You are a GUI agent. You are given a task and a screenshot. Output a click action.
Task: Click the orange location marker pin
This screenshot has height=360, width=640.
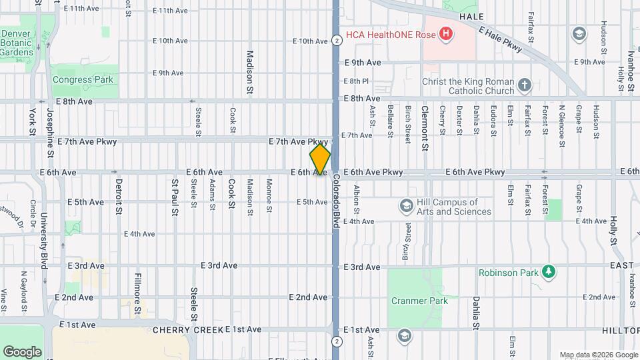320,159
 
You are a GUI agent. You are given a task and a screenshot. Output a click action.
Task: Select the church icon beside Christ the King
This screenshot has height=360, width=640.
525,85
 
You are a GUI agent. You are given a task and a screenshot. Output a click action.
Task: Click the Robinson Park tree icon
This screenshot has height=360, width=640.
549,272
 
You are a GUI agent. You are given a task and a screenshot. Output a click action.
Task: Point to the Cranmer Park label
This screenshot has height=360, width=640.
419,301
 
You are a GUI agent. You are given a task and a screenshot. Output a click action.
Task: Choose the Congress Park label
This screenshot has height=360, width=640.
83,80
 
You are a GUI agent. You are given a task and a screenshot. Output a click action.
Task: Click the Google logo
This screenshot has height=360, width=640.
22,351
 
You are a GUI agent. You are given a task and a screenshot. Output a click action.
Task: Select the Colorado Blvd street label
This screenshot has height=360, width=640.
336,201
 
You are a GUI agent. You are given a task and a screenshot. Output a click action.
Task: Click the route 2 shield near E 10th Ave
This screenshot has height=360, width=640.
338,41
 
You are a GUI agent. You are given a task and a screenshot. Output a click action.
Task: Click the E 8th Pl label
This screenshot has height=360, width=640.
356,81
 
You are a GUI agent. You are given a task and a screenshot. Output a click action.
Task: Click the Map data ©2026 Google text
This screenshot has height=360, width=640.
598,355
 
